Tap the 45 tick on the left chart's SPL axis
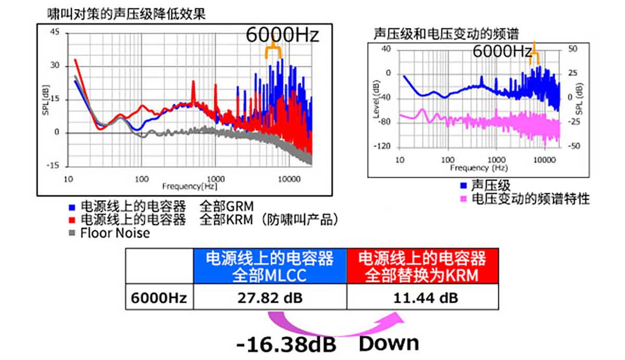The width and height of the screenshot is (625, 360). pos(56,33)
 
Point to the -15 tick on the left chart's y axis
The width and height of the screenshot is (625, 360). pos(54,166)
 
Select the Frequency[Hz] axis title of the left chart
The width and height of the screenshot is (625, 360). pos(190,185)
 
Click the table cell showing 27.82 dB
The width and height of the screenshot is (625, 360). pos(270,298)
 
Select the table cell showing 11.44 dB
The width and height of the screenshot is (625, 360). pos(422,298)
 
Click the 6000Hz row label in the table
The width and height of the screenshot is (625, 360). pos(159,298)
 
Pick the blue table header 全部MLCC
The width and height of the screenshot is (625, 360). pos(270,266)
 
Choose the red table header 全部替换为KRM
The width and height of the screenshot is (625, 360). pos(422,266)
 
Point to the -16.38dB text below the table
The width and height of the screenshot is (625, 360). pos(286,344)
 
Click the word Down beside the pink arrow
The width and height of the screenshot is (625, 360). pos(389,343)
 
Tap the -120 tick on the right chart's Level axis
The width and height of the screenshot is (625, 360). pos(383,147)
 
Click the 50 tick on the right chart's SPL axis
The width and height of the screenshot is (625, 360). pos(573,48)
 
